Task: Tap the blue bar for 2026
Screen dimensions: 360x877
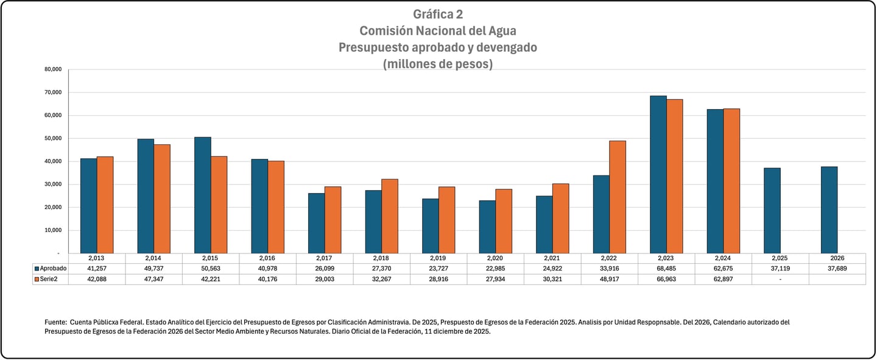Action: [x=829, y=210]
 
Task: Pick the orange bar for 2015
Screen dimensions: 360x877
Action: [x=219, y=205]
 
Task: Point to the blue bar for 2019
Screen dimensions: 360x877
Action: [x=430, y=225]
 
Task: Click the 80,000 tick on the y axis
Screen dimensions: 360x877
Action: [x=53, y=69]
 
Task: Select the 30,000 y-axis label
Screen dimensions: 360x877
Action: [x=53, y=185]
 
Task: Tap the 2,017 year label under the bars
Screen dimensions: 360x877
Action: [x=325, y=258]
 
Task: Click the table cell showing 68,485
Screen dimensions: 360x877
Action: [x=666, y=269]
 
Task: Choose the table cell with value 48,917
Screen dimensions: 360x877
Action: [x=610, y=279]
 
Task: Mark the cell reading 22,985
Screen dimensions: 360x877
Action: [x=496, y=269]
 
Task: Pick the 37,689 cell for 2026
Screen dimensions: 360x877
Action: [x=837, y=269]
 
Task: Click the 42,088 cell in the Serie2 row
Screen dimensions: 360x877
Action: [x=97, y=279]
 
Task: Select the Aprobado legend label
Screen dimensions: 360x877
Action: [x=54, y=269]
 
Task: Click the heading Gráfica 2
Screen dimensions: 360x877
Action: [x=438, y=14]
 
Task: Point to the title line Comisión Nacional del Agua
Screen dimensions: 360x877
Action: [x=438, y=30]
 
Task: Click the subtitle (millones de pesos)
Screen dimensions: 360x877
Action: [x=438, y=63]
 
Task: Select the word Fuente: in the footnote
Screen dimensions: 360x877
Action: [x=55, y=322]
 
